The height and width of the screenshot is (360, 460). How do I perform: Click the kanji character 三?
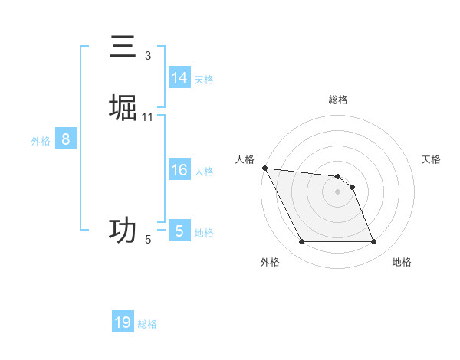tap(123, 47)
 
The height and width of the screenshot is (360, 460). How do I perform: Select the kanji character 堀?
tap(123, 108)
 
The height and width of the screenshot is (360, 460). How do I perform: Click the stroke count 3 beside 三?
tap(148, 56)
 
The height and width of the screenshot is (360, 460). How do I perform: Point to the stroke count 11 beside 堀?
tap(148, 116)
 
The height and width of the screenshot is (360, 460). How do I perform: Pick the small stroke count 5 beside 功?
tap(148, 240)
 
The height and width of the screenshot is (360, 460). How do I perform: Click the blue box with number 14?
tap(179, 78)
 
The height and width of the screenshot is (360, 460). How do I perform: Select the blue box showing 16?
tap(179, 170)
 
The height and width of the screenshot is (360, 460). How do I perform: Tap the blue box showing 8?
tap(66, 139)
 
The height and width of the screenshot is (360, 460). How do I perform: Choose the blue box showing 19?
tap(123, 322)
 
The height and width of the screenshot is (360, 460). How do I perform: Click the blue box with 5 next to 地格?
tap(179, 231)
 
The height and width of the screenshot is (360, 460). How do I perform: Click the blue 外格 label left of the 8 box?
tap(41, 141)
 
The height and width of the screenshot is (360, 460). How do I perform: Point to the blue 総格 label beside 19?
tap(147, 324)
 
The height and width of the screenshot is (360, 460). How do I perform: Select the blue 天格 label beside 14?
tap(204, 80)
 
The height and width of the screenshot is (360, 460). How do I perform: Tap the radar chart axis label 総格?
tap(338, 100)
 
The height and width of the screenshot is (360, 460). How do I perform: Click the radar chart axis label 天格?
tap(431, 159)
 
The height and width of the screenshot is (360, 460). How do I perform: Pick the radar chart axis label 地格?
tap(402, 262)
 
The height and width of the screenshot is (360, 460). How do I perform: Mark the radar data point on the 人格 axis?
tap(264, 168)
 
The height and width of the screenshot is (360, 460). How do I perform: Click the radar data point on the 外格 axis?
tap(301, 242)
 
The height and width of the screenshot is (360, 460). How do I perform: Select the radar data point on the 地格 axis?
tap(374, 242)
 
